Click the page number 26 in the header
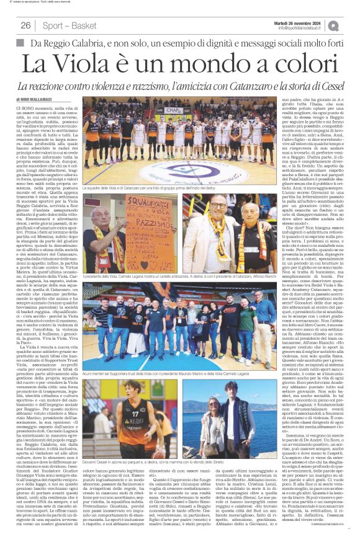(x=25, y=25)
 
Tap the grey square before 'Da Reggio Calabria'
(x=20, y=43)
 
